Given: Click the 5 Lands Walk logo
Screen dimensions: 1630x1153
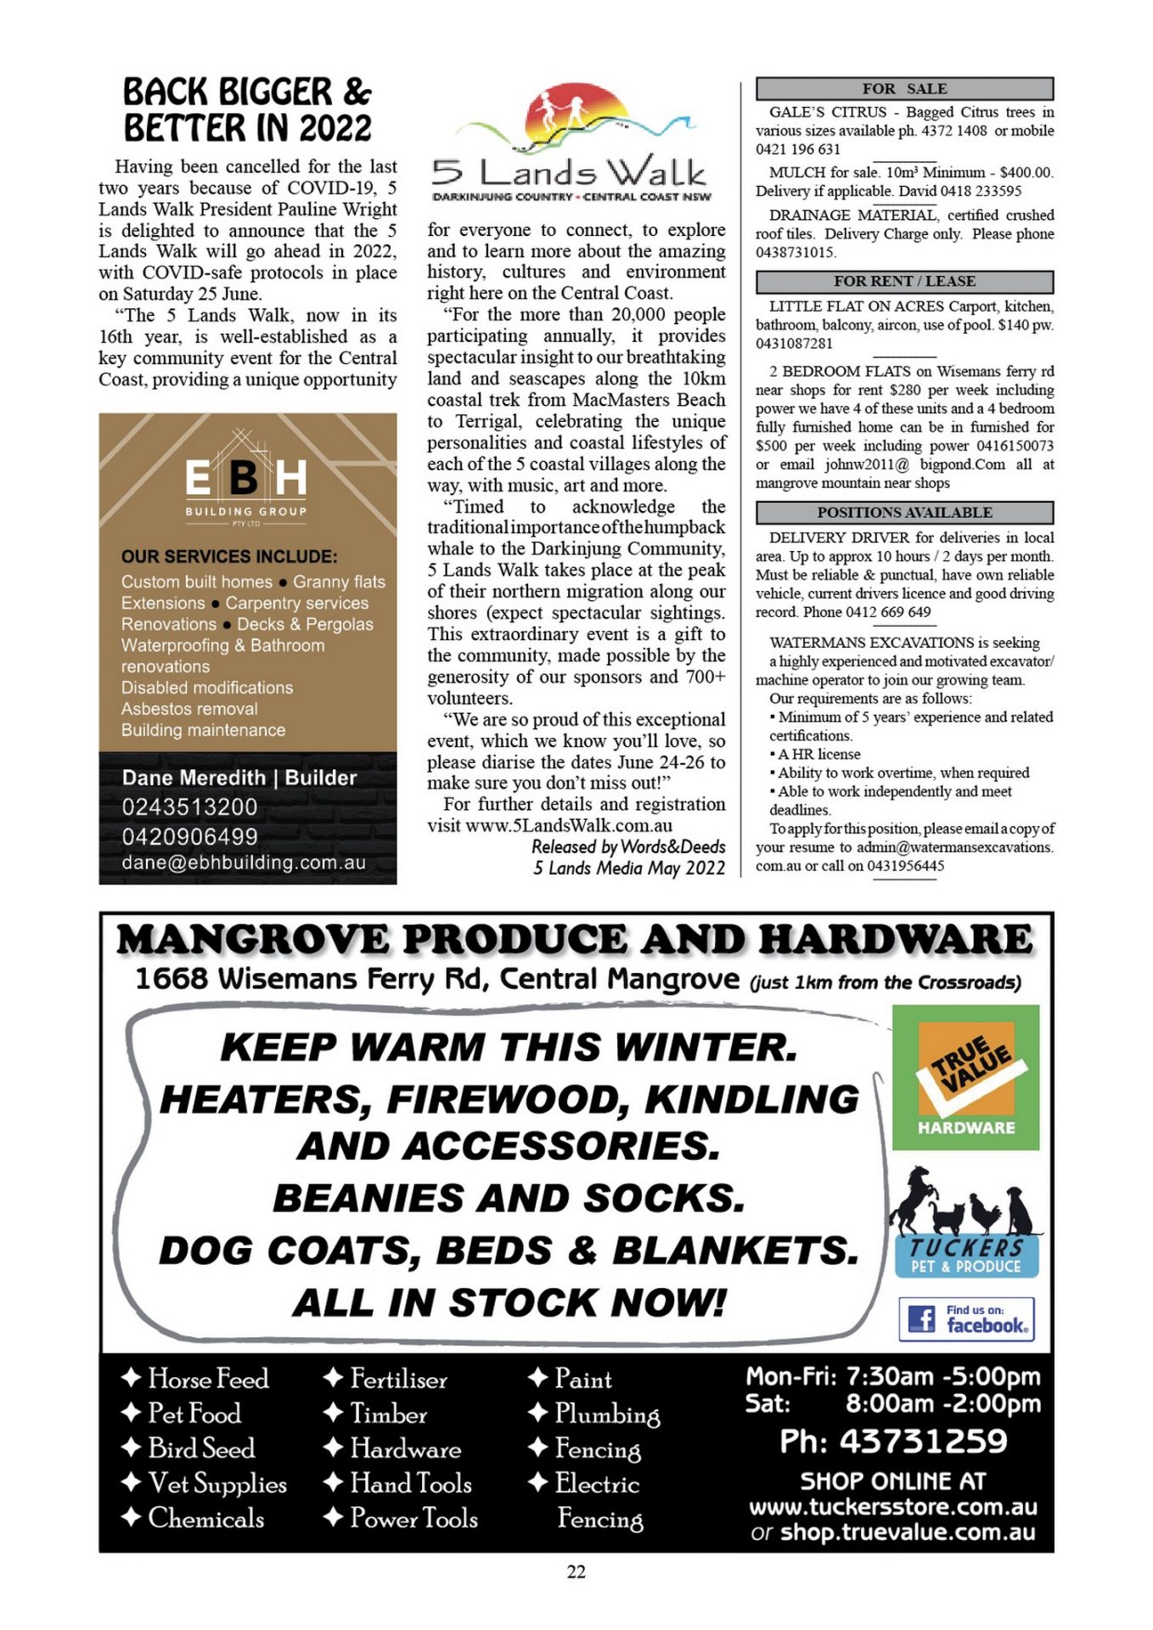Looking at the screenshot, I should [x=571, y=144].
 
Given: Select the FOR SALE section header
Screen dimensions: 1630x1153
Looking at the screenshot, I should [x=904, y=88].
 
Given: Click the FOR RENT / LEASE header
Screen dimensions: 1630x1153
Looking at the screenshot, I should [x=904, y=281].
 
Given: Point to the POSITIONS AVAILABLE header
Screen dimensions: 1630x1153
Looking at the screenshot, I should [x=904, y=512].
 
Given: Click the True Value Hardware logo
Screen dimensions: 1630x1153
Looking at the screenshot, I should [x=965, y=1076].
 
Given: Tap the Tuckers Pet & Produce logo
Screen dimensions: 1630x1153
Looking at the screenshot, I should [x=965, y=1223].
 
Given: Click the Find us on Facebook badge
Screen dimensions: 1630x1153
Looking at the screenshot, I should [x=966, y=1318].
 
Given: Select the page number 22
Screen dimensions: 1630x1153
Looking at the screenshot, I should [x=576, y=1571].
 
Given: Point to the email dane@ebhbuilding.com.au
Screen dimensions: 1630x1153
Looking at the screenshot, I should [x=244, y=863].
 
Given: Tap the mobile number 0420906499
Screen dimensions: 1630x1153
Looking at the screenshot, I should [x=189, y=836].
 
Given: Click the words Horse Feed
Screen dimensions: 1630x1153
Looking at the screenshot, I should [x=208, y=1379].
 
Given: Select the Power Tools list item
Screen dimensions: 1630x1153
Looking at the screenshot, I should [x=413, y=1518].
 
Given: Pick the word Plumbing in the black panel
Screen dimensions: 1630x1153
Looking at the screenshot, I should [x=607, y=1414].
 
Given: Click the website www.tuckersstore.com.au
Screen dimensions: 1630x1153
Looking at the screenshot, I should [x=892, y=1507].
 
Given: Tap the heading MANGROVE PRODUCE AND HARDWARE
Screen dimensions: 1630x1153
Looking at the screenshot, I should [x=575, y=940].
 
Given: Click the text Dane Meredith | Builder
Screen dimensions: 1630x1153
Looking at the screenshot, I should [x=239, y=778].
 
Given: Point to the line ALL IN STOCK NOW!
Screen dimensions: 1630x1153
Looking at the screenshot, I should [x=509, y=1302].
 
